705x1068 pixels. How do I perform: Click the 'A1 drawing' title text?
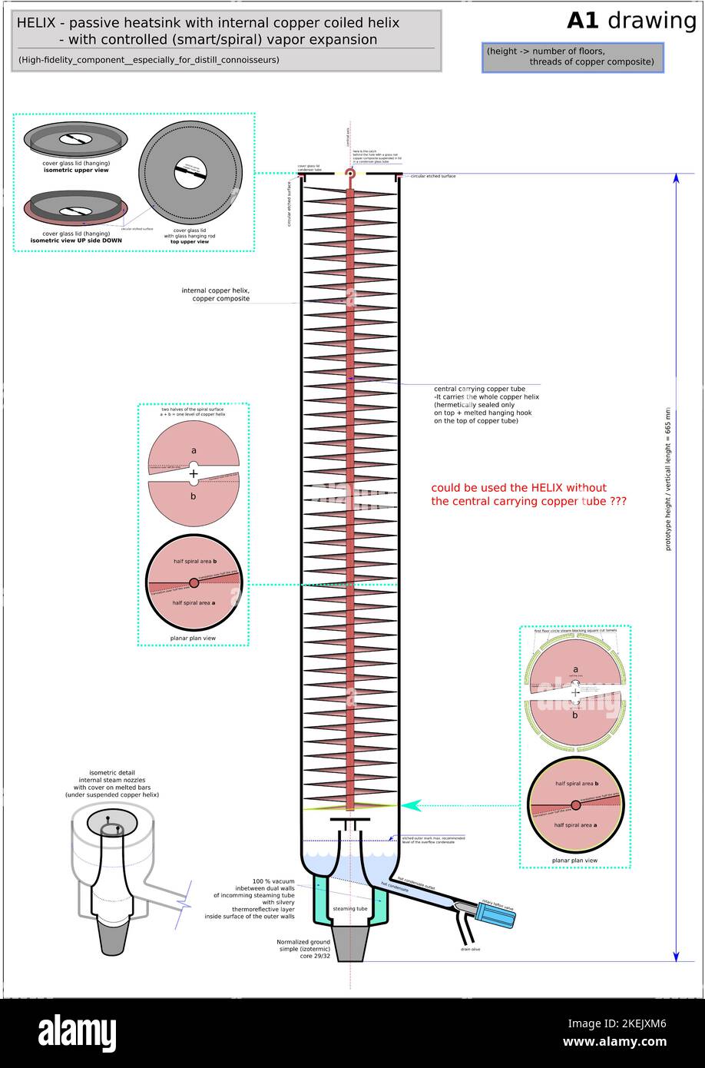[x=631, y=22]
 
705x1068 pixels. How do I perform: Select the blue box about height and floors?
[x=572, y=57]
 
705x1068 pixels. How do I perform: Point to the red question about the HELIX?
[x=528, y=494]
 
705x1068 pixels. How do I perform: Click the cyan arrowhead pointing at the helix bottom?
[x=411, y=805]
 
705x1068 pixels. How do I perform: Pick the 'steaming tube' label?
[x=349, y=909]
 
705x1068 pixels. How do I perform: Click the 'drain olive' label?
[x=471, y=950]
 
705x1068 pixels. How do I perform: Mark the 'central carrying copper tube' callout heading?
[x=479, y=389]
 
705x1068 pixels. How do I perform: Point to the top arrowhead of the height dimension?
[x=677, y=179]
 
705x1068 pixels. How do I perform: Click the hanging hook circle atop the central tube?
[x=349, y=174]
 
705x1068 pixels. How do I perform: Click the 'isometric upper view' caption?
[x=76, y=170]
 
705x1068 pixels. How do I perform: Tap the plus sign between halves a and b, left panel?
[x=194, y=473]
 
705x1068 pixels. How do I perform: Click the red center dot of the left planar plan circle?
[x=194, y=583]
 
